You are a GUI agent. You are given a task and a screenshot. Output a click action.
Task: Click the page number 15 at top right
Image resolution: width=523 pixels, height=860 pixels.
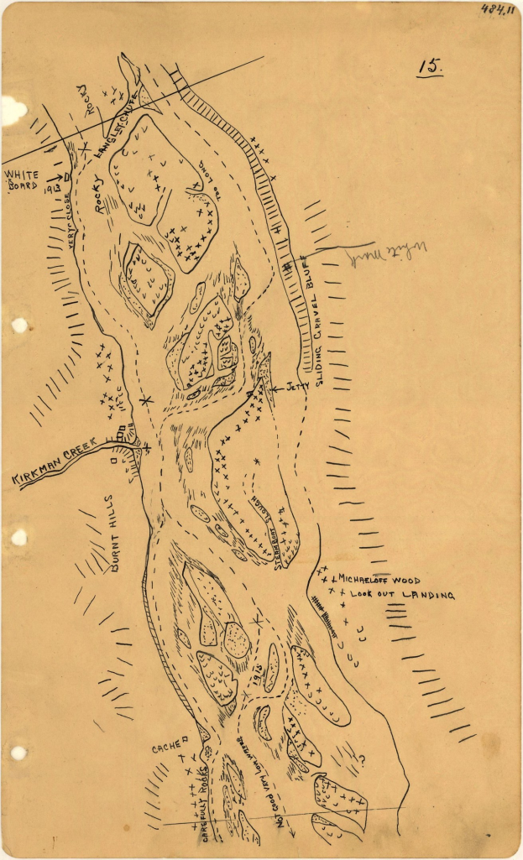pyautogui.click(x=430, y=67)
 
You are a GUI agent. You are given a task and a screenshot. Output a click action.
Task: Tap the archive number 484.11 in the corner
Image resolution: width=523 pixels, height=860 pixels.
pyautogui.click(x=498, y=10)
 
